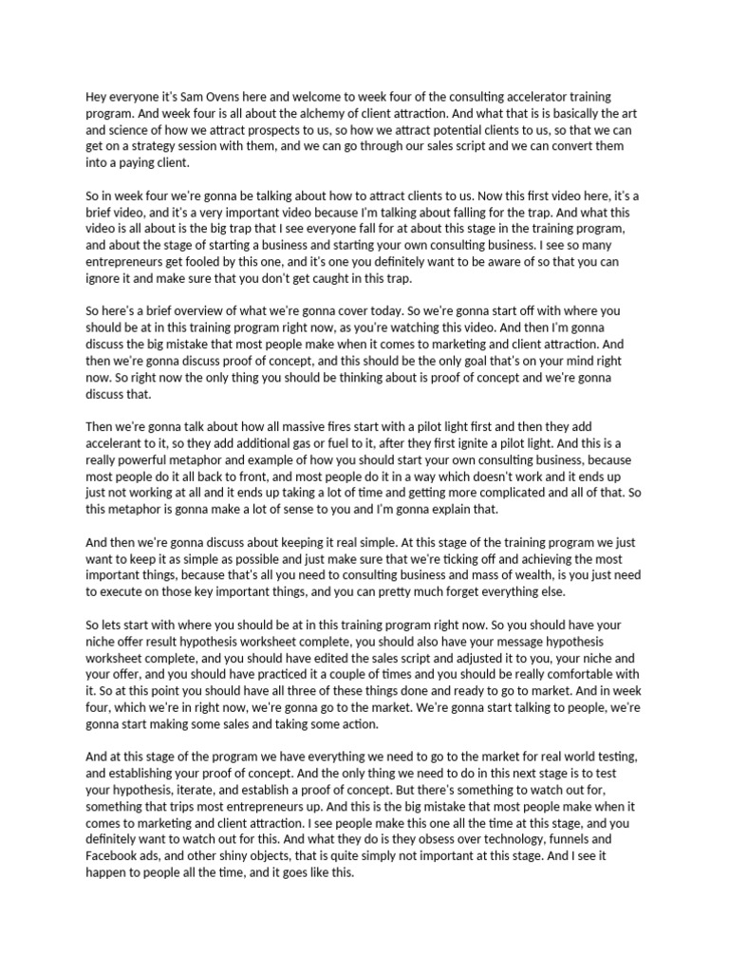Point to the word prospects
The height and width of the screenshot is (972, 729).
click(x=338, y=130)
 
